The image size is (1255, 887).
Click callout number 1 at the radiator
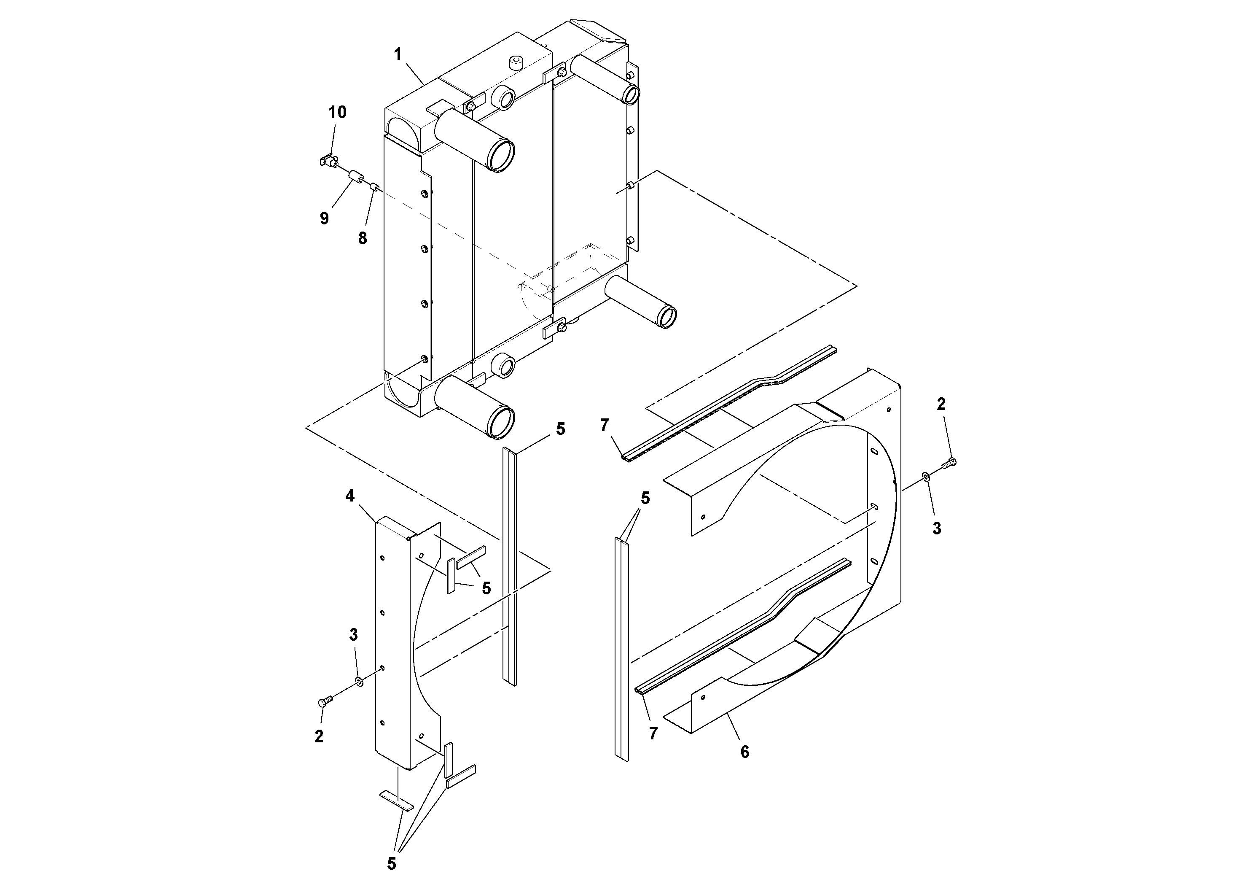coord(398,54)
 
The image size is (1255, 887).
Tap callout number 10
coord(337,112)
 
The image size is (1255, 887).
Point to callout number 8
coord(363,238)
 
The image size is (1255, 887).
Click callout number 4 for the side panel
coord(350,496)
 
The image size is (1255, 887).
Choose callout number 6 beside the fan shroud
coord(744,752)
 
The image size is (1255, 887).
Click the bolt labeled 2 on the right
coord(950,464)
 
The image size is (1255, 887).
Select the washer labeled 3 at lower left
coord(359,681)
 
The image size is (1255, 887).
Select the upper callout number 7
coord(604,424)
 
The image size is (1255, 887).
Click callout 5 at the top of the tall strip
coord(560,429)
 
